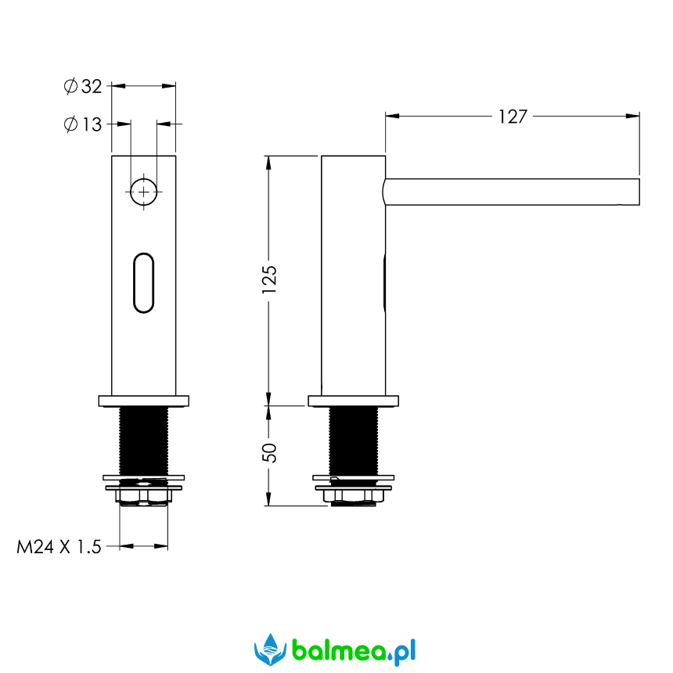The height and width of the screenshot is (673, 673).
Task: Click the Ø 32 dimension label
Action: (x=83, y=86)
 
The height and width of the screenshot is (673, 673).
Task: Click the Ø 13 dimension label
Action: (x=83, y=124)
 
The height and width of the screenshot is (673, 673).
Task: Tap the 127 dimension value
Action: (x=513, y=117)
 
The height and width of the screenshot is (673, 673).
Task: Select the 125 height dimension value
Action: (x=269, y=279)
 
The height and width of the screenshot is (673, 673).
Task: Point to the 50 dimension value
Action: (x=269, y=453)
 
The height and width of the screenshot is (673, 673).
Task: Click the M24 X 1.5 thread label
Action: (x=59, y=547)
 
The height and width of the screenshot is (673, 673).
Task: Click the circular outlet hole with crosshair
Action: (x=144, y=192)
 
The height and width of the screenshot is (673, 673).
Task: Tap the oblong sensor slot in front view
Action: (x=144, y=283)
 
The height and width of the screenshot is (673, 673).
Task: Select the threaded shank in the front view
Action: (x=144, y=441)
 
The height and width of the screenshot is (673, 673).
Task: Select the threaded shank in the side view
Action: (x=354, y=441)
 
